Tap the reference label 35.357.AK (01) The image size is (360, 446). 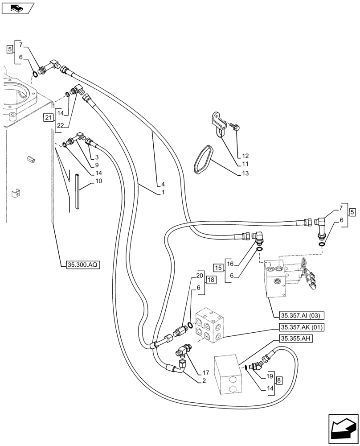click(301, 327)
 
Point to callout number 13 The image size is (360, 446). click(244, 173)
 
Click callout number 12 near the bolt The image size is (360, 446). click(245, 156)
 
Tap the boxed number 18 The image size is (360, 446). click(211, 280)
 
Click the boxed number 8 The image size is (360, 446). click(278, 381)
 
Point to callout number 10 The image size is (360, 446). click(98, 182)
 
